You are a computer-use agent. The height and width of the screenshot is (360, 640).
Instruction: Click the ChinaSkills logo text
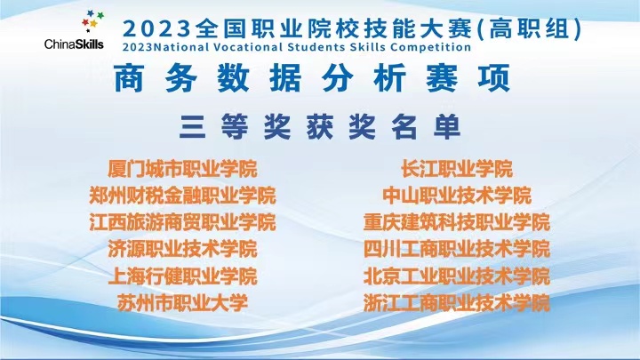74,44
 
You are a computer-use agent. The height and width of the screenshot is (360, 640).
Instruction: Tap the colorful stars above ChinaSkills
92,21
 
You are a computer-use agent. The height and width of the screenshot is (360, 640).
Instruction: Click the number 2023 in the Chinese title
156,29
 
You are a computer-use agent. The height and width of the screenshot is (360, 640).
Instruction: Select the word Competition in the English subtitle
430,47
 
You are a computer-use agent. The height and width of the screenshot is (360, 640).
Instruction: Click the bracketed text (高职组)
530,29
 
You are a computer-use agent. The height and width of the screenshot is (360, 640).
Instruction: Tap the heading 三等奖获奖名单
320,126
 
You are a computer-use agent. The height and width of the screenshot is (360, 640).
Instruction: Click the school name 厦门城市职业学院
182,169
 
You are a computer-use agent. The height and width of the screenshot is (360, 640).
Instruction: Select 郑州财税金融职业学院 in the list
182,196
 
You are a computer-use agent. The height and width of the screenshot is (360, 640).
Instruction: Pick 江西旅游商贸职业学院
182,222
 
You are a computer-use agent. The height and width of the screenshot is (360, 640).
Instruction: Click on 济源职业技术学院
182,249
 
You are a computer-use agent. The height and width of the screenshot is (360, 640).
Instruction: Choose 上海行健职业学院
182,276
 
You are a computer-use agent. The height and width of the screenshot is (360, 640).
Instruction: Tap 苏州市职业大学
182,303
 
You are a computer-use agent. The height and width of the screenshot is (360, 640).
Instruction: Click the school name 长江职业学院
457,169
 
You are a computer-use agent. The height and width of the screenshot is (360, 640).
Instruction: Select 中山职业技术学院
457,196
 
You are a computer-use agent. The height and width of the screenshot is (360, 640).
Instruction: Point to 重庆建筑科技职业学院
457,222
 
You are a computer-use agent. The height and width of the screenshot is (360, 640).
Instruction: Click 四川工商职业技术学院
457,249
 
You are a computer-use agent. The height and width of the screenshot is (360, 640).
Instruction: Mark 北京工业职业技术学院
457,276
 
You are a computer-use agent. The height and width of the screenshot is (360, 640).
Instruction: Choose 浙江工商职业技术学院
457,303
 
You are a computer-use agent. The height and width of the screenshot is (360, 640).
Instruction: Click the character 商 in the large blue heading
129,78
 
